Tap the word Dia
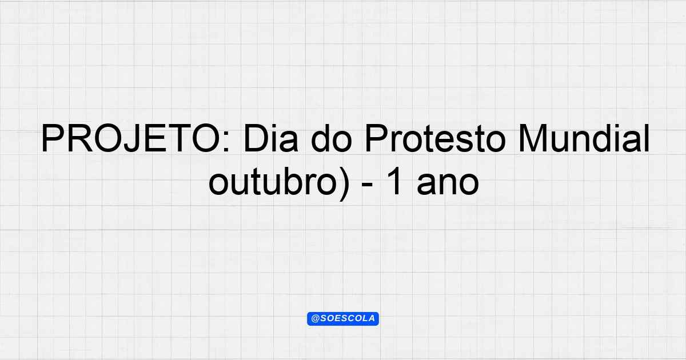pyautogui.click(x=271, y=138)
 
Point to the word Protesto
pyautogui.click(x=435, y=138)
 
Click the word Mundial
pyautogui.click(x=584, y=138)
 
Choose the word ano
pyautogui.click(x=448, y=185)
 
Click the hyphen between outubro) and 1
pyautogui.click(x=367, y=186)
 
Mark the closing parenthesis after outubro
pyautogui.click(x=344, y=184)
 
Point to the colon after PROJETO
pyautogui.click(x=226, y=142)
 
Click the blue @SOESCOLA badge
pyautogui.click(x=343, y=319)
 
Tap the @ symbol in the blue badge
pyautogui.click(x=316, y=319)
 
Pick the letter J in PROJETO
pyautogui.click(x=136, y=138)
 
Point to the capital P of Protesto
pyautogui.click(x=377, y=138)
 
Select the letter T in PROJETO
pyautogui.click(x=178, y=138)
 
